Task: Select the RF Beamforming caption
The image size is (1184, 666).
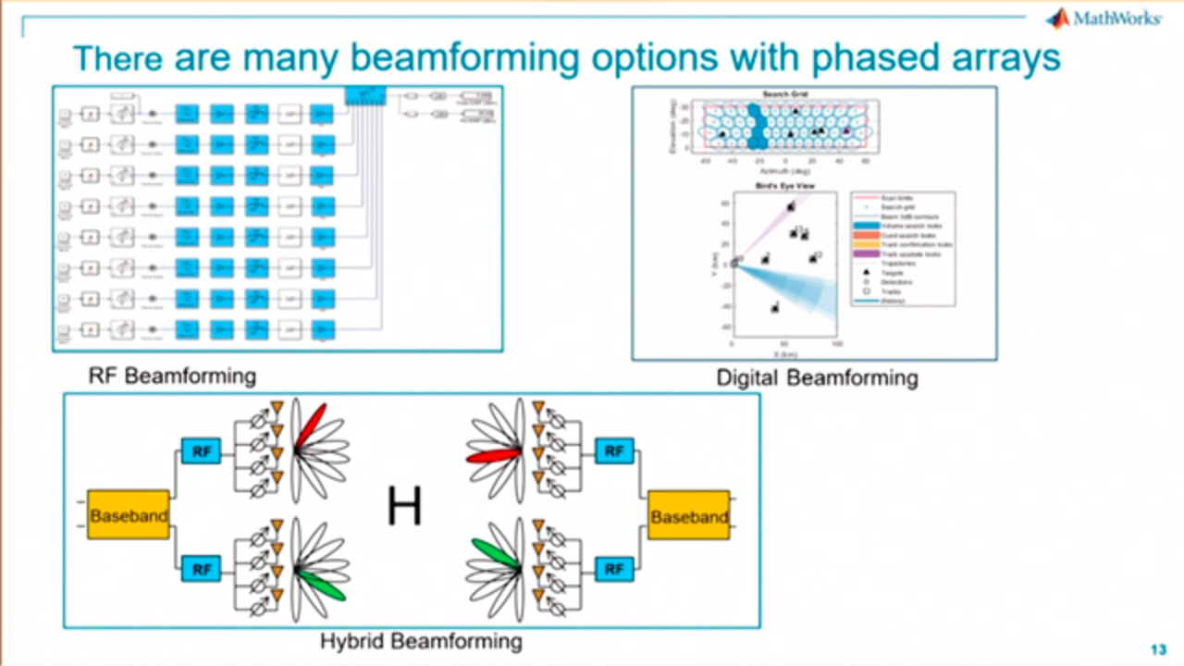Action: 172,376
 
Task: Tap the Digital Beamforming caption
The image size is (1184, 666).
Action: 817,377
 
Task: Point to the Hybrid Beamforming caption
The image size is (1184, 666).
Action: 421,640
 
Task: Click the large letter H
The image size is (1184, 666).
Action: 404,507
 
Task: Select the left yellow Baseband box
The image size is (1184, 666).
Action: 129,515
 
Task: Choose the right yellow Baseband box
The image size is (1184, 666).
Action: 689,516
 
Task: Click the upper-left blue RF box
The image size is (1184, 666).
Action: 201,451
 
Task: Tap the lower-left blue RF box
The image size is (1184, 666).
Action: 201,569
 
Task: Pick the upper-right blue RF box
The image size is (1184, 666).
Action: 613,451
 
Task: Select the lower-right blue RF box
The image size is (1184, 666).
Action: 613,569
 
